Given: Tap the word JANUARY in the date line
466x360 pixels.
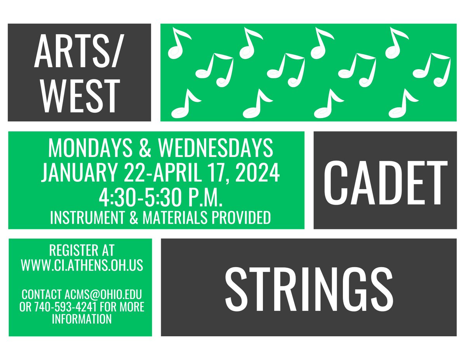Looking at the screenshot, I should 80,174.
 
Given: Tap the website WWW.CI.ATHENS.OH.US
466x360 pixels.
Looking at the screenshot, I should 82,266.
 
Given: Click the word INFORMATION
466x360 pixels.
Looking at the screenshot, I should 82,320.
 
